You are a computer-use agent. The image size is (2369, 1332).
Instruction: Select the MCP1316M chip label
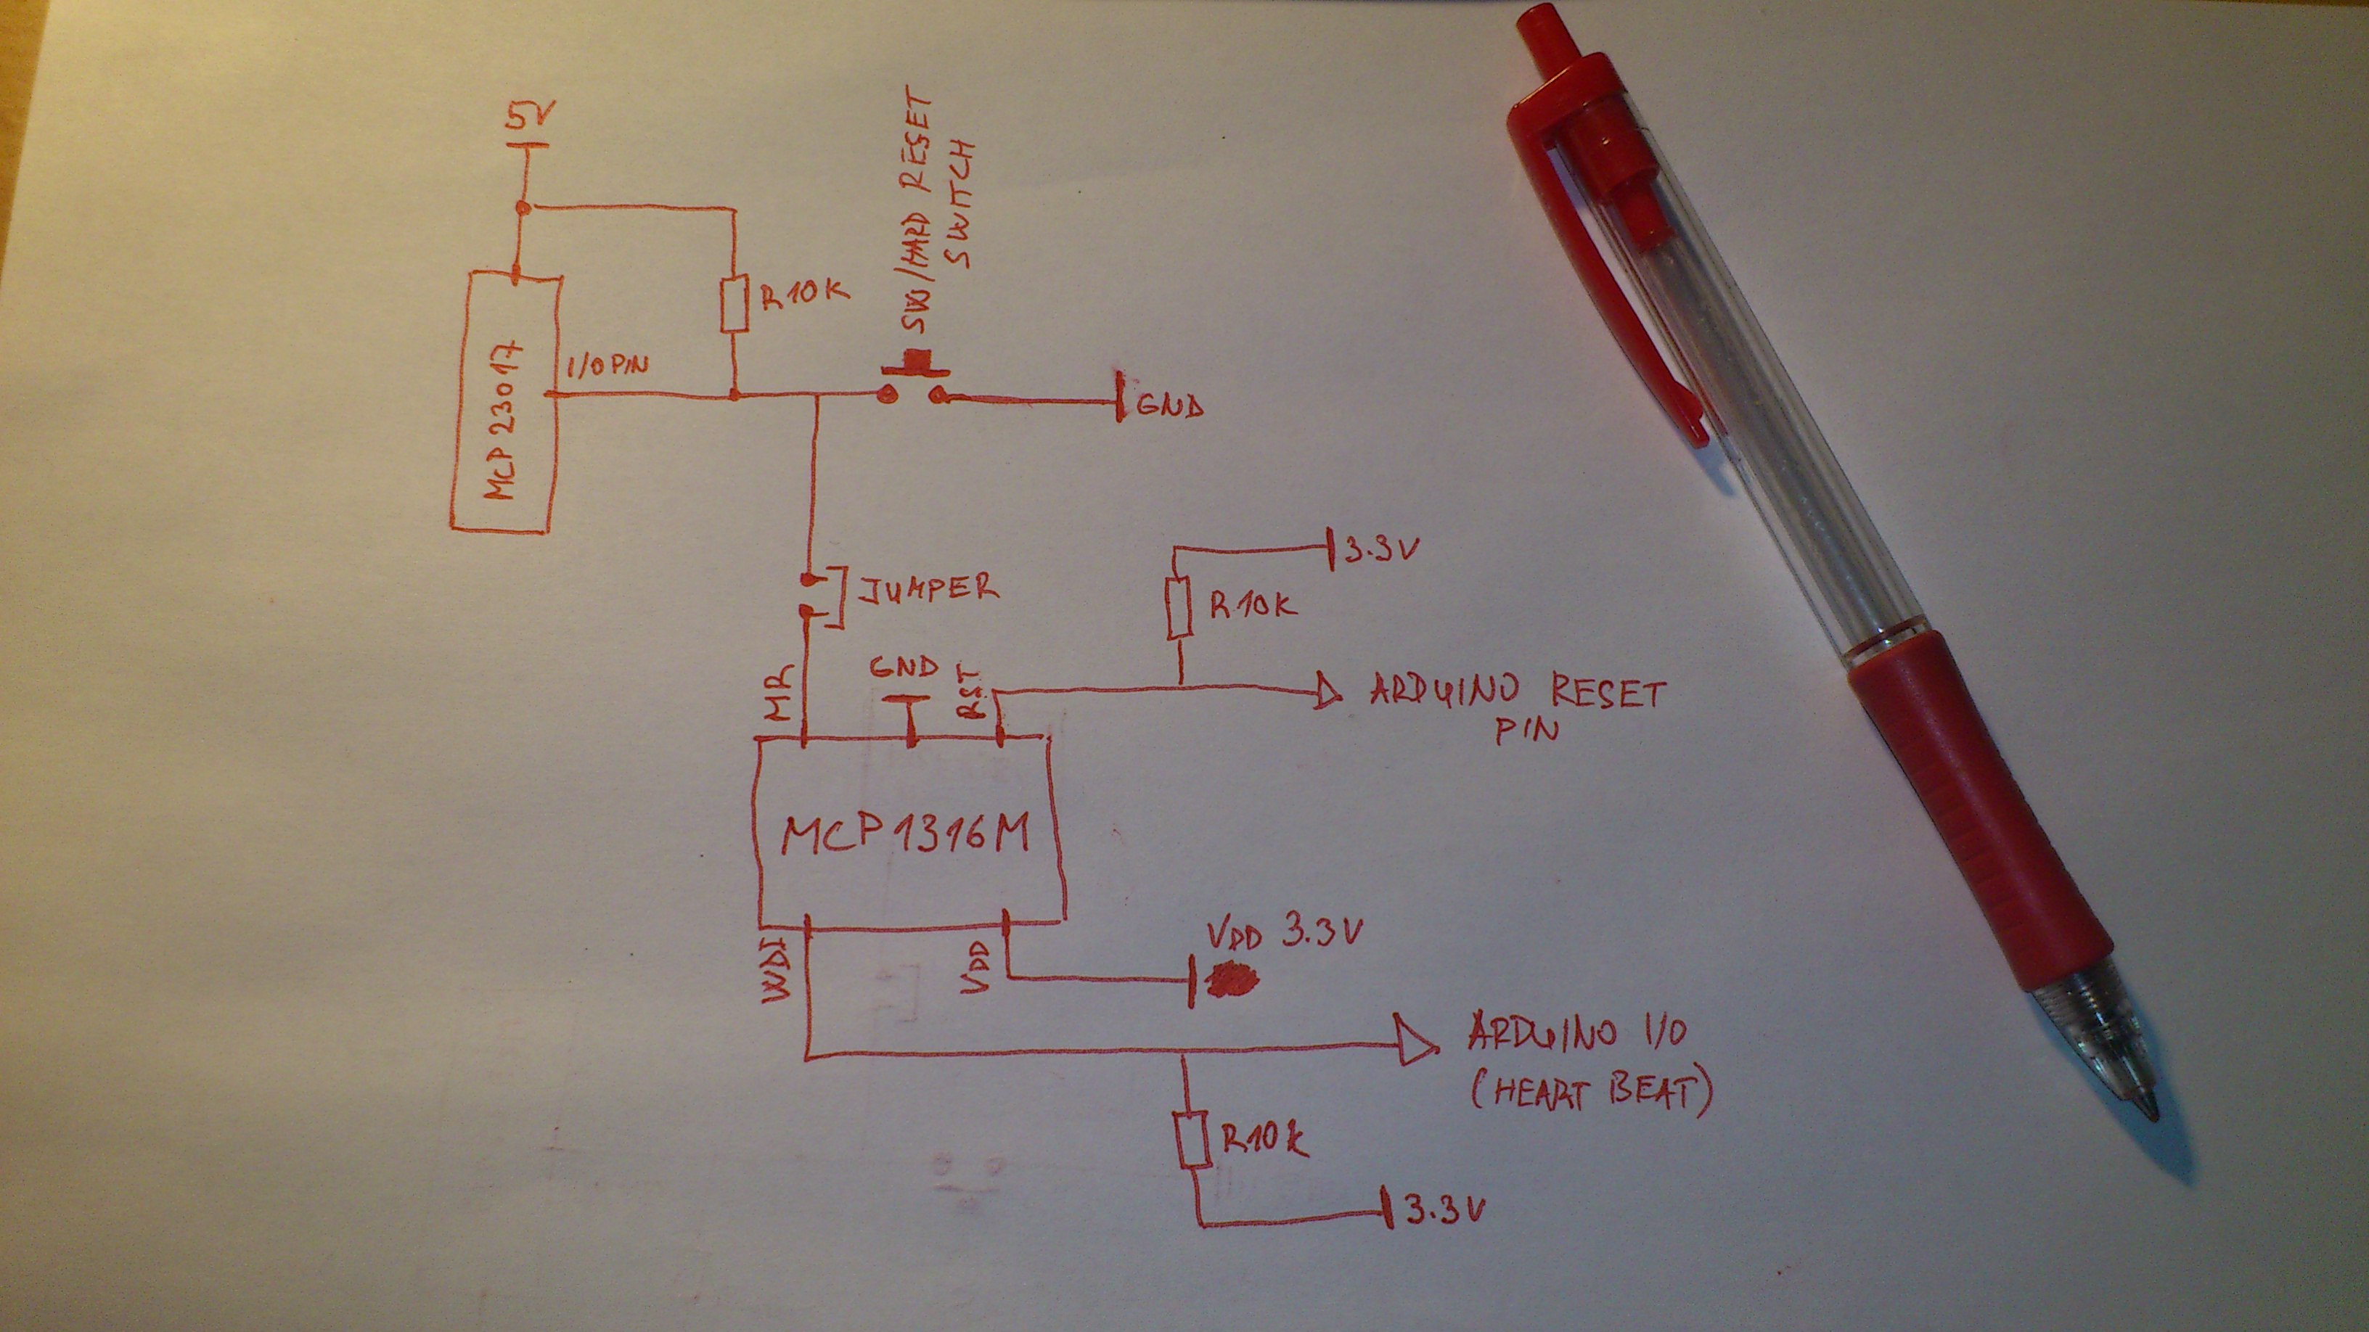[906, 835]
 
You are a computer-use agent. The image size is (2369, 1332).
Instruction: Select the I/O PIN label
[607, 367]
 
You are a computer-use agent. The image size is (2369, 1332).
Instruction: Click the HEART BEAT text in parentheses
[1591, 1093]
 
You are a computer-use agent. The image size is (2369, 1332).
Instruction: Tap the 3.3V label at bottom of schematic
[1444, 1212]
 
